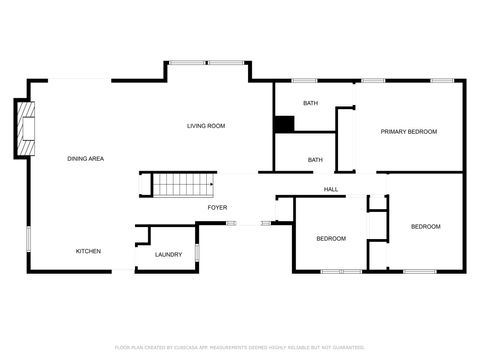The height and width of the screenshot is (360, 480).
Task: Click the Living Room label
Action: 206,126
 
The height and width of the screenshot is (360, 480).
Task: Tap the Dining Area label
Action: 86,159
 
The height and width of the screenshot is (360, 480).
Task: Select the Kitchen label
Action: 88,251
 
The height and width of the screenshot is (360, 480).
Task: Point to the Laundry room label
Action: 168,255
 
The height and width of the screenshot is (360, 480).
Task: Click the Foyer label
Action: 217,207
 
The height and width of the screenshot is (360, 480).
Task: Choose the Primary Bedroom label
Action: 408,131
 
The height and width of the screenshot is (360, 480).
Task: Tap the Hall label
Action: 331,189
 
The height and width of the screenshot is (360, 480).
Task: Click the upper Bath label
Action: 311,103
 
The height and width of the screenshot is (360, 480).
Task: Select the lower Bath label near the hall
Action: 315,160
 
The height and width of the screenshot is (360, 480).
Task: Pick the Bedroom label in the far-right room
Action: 425,227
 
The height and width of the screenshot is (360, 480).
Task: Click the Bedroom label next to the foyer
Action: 331,238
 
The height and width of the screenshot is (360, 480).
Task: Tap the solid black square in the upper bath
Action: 285,124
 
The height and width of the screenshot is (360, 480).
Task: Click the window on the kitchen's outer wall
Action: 28,240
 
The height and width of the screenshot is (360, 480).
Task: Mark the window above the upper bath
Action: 303,80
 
